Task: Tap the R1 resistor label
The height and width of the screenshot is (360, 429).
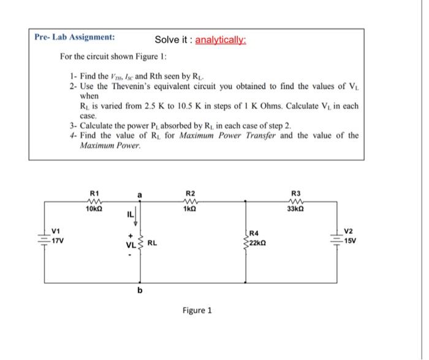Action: pos(94,195)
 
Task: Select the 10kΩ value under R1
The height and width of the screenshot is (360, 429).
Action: pos(94,211)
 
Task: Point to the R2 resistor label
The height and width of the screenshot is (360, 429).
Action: pos(190,195)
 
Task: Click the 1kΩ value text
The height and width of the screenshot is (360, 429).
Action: pos(190,211)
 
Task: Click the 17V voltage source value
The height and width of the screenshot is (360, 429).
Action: pos(58,241)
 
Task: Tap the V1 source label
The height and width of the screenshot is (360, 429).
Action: pos(56,231)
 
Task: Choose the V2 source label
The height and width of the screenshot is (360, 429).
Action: pos(349,231)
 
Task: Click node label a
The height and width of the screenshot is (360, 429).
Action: pos(140,195)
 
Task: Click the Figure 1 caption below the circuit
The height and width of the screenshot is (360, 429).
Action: pos(197,310)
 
